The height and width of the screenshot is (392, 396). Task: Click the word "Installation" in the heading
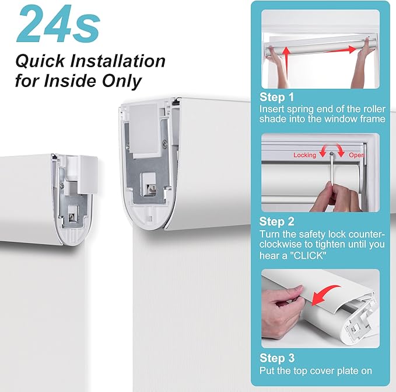117,61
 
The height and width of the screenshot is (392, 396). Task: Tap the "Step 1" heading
277,97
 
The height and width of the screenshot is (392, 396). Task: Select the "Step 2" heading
277,221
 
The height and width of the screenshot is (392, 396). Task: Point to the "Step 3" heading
277,358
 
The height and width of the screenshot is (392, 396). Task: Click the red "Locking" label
304,155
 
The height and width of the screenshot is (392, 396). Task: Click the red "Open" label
356,155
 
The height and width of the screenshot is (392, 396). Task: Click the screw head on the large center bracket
165,144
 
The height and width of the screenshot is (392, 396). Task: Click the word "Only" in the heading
121,81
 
